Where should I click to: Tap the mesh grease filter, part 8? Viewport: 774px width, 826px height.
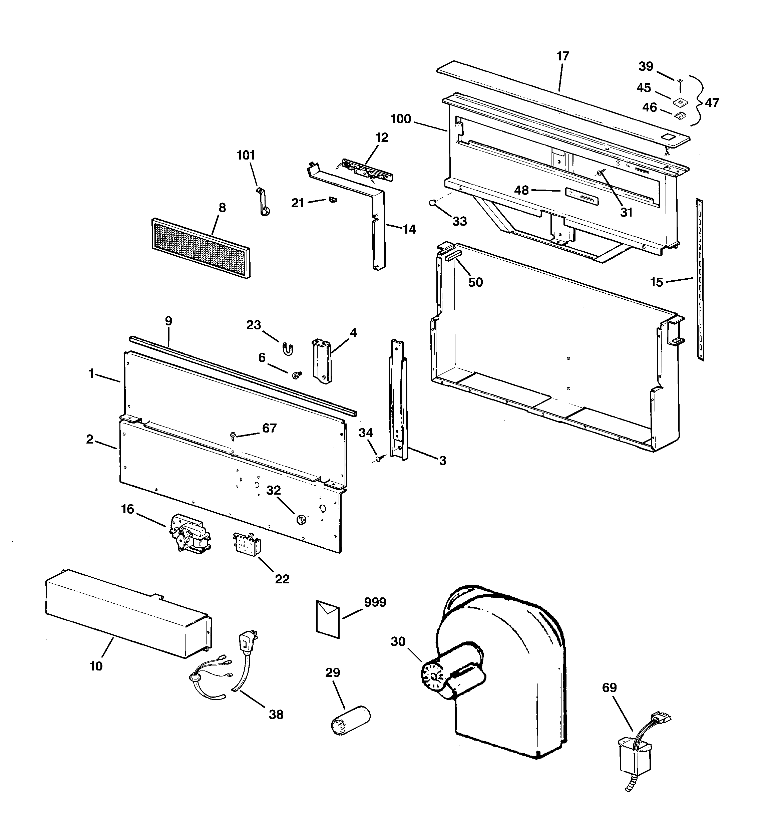click(x=201, y=248)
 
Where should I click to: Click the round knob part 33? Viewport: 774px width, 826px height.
click(x=432, y=203)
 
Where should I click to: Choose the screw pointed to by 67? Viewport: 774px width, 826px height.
click(x=233, y=435)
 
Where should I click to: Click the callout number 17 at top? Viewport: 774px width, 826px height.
click(x=562, y=56)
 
